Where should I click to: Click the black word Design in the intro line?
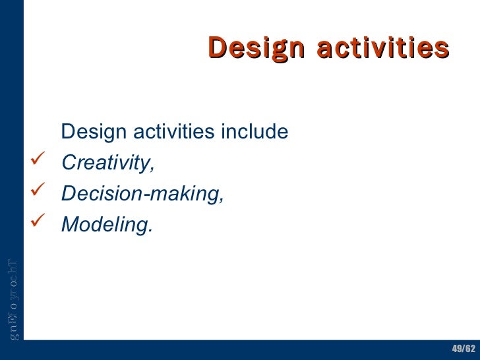click(x=93, y=132)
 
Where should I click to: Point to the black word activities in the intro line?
click(x=173, y=132)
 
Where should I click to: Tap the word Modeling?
click(x=106, y=225)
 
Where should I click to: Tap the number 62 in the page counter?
click(x=469, y=348)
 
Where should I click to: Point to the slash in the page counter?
click(x=463, y=348)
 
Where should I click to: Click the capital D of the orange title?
click(x=216, y=47)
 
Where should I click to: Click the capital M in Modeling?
click(x=68, y=225)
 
